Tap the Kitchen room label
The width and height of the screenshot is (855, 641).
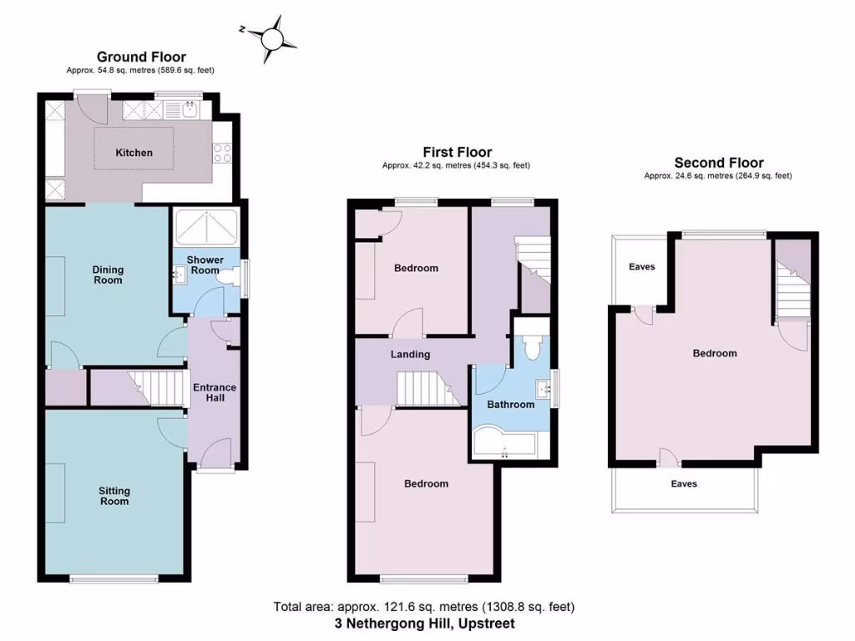(x=134, y=153)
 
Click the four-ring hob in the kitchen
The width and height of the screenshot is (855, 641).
(x=223, y=152)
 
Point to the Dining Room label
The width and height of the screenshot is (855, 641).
(x=108, y=275)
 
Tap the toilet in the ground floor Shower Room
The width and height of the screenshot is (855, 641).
(x=225, y=281)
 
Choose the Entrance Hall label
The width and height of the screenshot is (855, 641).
(x=215, y=392)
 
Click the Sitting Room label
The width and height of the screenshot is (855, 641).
(x=114, y=496)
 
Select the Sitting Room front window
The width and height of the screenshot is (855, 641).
(x=113, y=578)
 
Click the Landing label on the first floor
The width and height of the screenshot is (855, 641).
(x=410, y=354)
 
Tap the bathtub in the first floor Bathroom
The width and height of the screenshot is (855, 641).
(x=505, y=442)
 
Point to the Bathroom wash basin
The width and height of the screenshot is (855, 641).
(x=543, y=386)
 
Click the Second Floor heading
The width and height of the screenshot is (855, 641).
(x=718, y=163)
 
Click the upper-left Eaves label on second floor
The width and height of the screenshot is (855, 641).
(x=641, y=267)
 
